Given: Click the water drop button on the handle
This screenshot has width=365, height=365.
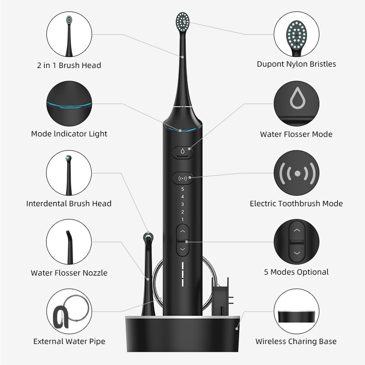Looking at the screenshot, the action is click(182, 152).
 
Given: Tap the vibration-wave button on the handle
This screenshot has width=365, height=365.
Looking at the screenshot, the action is click(182, 178).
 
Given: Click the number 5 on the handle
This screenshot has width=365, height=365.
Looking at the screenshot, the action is click(182, 189).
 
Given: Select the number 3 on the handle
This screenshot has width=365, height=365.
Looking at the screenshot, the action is click(182, 204).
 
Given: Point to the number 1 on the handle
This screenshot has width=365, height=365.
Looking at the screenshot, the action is click(182, 219).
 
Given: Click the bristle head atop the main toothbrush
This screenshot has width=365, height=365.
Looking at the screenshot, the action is click(182, 22).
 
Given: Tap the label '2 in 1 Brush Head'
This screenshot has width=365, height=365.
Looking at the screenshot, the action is click(69, 65).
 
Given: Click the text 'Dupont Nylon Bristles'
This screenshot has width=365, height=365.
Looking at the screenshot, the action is click(296, 64).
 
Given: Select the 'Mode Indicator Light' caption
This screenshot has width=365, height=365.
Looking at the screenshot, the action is click(69, 134).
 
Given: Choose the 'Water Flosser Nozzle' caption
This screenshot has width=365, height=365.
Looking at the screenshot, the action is click(69, 273).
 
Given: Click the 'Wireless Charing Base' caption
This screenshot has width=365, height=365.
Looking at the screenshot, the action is click(296, 341).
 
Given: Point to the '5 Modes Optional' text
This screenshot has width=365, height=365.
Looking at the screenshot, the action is click(296, 272).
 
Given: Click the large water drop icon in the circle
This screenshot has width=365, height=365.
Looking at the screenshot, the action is click(297, 98).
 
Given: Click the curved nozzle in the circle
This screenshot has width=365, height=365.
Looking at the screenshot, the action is click(69, 247).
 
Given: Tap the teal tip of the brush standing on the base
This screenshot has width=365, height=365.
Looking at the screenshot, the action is click(148, 237).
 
